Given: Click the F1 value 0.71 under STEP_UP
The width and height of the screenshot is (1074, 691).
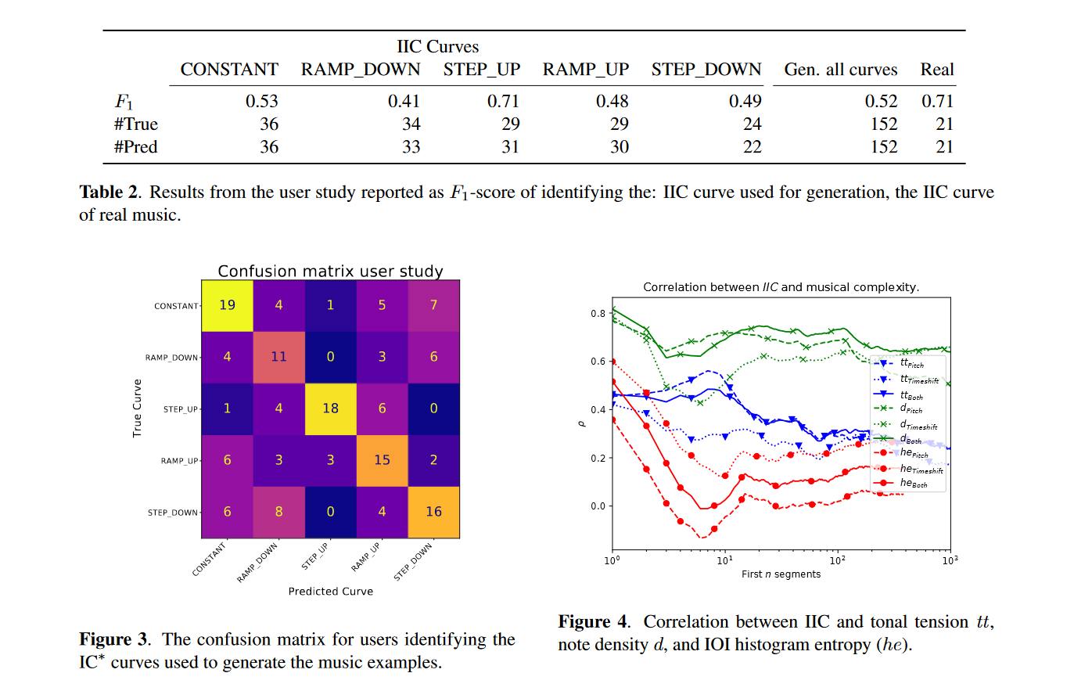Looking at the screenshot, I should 503,101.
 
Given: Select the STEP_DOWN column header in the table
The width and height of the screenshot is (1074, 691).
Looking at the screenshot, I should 706,70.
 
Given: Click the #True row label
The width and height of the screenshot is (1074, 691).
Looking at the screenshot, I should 136,124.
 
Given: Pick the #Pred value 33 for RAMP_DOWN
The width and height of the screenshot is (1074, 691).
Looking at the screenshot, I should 411,146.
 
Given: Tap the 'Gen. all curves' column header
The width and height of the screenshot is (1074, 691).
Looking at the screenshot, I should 840,70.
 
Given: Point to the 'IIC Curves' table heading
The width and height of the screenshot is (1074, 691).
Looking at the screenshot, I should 437,47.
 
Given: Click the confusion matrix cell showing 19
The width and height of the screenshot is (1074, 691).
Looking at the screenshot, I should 227,304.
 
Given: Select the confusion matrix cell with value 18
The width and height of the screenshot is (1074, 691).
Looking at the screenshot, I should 330,408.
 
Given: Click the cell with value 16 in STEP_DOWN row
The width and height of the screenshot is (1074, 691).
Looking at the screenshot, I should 433,511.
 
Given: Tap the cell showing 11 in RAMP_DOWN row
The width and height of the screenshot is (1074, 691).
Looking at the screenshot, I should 278,356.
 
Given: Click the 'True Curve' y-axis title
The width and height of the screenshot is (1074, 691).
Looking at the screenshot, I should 138,408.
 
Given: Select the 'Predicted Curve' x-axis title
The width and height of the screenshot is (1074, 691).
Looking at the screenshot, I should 330,592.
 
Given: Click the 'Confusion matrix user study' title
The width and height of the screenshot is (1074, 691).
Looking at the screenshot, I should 330,272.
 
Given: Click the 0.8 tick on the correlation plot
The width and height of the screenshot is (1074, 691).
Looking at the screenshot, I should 598,314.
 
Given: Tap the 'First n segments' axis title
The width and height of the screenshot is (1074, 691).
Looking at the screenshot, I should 781,574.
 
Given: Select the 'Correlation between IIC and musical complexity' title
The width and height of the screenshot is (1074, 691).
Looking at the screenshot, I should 781,287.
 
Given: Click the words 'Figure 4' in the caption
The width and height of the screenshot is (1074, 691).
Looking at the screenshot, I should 593,622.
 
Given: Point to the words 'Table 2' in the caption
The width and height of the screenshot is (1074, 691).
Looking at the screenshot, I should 110,193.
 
